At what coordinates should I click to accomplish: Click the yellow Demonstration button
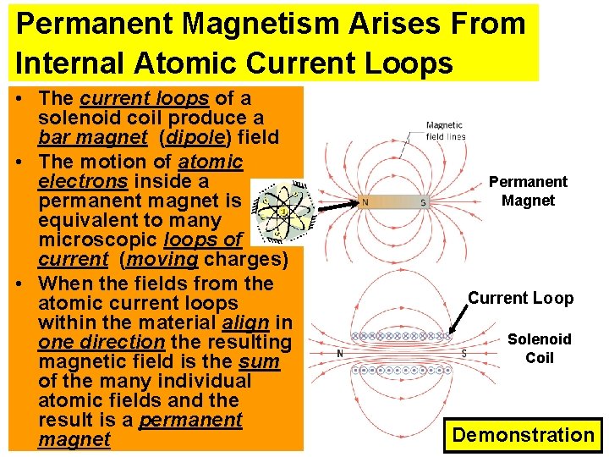[523, 435]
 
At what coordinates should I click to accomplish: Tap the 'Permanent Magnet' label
[528, 191]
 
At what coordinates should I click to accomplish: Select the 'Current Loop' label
[521, 298]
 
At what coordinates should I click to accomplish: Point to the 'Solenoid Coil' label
[539, 348]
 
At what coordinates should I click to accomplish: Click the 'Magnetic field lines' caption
[446, 131]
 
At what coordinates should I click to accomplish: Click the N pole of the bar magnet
[365, 202]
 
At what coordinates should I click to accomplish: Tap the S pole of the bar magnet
[423, 202]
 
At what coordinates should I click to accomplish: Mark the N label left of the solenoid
[339, 354]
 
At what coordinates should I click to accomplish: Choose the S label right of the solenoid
[464, 354]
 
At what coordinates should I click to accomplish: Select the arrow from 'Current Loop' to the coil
[460, 320]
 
